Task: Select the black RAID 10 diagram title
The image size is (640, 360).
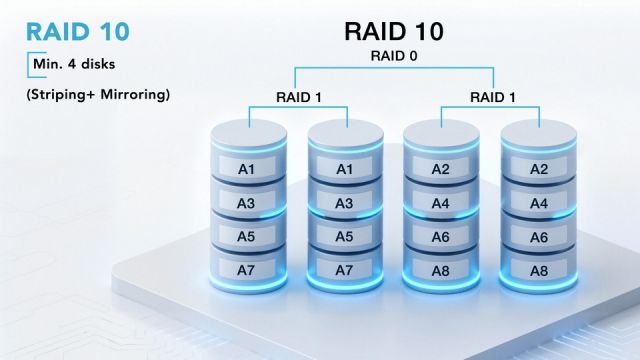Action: (393, 31)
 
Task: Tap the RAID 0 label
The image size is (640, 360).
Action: (393, 58)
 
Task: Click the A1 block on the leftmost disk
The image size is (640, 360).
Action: (246, 169)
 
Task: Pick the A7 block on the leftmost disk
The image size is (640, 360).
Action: (246, 270)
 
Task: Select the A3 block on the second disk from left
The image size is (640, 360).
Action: (344, 203)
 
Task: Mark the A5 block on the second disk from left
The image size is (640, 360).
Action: (344, 237)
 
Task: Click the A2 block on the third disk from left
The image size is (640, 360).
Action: (441, 169)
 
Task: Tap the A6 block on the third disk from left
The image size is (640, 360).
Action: (441, 237)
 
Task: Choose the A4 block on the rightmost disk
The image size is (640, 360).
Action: (538, 203)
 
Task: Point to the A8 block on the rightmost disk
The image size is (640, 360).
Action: (538, 270)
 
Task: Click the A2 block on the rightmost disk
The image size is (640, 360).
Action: (538, 169)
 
